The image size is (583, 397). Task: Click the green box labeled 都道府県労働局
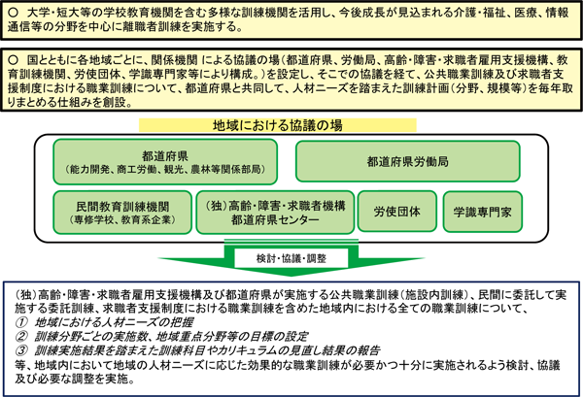408,161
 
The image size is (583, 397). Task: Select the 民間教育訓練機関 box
122,213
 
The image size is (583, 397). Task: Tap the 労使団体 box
397,212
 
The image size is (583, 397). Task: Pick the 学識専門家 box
483,212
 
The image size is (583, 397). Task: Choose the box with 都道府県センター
275,213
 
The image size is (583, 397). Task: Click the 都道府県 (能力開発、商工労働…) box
165,162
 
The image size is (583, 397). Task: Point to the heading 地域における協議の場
278,125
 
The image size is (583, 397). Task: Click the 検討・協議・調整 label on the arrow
291,258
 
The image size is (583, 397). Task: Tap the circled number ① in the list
21,322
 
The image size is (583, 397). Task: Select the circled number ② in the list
21,337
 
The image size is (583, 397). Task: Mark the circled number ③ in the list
21,350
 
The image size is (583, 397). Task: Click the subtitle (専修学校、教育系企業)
122,219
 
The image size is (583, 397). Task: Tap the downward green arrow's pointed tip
291,276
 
